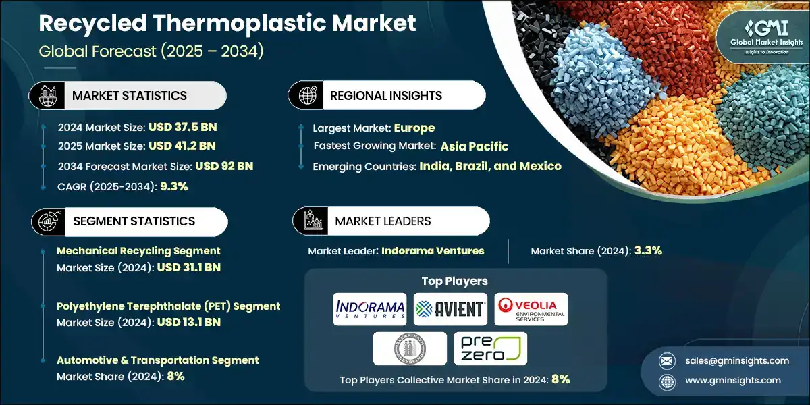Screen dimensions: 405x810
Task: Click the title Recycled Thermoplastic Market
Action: tap(227, 24)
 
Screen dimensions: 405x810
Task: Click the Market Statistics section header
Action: tap(129, 95)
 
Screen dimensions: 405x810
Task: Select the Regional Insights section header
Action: tap(386, 95)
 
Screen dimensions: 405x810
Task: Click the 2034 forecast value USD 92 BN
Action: tap(224, 166)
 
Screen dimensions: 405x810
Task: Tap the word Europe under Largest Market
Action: tap(414, 128)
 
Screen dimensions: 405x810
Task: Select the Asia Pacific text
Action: tap(475, 146)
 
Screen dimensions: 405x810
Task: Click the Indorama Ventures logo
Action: tap(370, 309)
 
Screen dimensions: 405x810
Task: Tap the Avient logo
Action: tap(450, 309)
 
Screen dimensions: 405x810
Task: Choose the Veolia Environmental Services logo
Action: tap(531, 309)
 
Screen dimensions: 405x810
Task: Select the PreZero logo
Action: tap(490, 349)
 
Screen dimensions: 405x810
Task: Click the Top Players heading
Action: tap(454, 281)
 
